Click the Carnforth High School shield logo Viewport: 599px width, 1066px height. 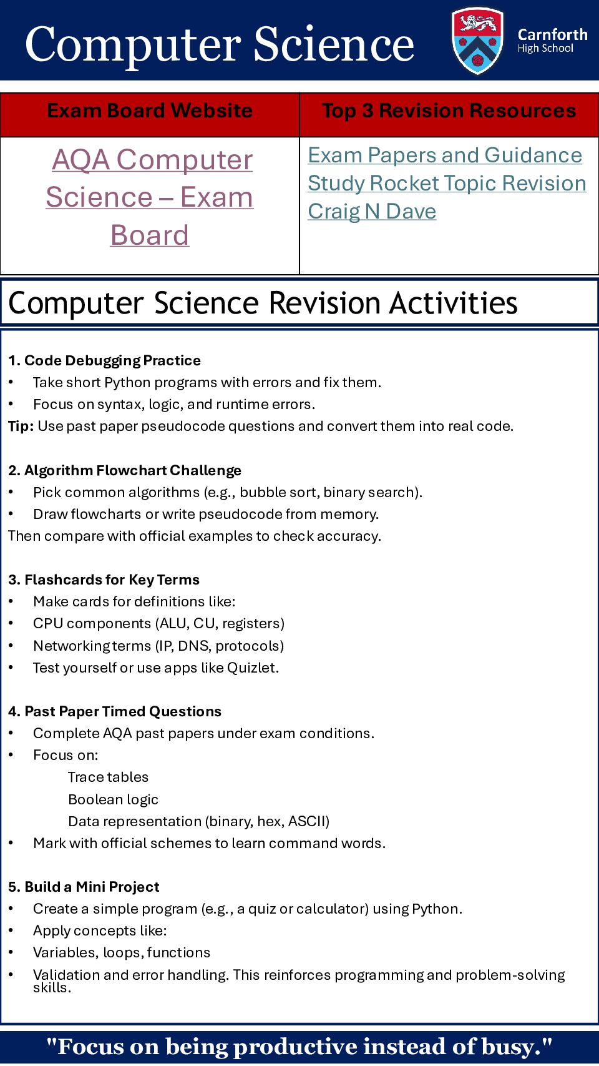[x=477, y=41]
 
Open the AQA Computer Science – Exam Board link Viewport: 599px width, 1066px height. [x=150, y=197]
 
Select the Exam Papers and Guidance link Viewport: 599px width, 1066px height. [x=445, y=155]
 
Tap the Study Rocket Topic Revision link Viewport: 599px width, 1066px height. [x=447, y=184]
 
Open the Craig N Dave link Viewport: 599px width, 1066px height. [x=372, y=212]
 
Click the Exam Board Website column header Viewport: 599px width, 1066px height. [x=150, y=111]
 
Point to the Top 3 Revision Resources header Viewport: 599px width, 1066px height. [x=449, y=111]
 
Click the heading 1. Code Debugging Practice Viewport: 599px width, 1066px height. [x=104, y=360]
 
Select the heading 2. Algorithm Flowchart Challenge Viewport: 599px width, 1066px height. [x=125, y=470]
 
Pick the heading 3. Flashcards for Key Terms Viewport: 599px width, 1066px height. [x=104, y=580]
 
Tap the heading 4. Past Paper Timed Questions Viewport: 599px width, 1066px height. [x=115, y=711]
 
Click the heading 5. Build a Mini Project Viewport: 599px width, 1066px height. [x=84, y=887]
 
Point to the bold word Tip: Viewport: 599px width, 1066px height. [x=21, y=427]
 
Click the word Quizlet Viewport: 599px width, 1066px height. [x=252, y=668]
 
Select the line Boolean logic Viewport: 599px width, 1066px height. [x=113, y=799]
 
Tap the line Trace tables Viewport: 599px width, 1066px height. [x=108, y=777]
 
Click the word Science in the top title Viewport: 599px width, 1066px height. [x=334, y=45]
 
